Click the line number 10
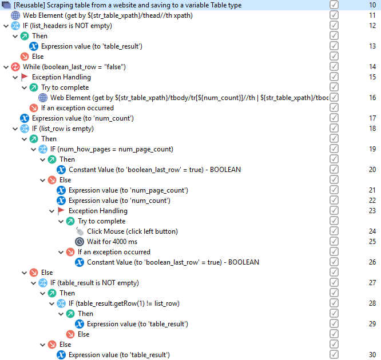372,5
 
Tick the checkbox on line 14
334,66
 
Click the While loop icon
15,67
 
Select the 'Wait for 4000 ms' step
112,242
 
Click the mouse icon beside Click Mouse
80,231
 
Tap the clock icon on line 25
80,242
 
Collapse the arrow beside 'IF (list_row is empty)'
15,129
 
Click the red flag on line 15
24,77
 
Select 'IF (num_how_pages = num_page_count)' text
112,149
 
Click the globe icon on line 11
15,15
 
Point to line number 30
372,355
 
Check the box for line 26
334,262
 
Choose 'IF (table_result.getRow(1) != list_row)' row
124,303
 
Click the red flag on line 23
61,210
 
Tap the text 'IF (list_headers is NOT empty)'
68,26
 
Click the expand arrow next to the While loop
6,67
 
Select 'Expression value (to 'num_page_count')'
128,190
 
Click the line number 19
372,149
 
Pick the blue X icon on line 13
34,46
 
